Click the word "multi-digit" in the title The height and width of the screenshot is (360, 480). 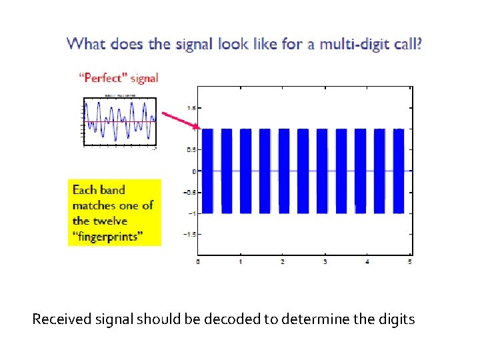pyautogui.click(x=351, y=45)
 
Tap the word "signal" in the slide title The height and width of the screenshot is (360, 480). pyautogui.click(x=193, y=45)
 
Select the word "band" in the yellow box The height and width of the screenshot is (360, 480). pyautogui.click(x=112, y=190)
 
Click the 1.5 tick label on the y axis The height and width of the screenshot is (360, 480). pyautogui.click(x=191, y=107)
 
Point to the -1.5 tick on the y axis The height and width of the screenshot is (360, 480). pyautogui.click(x=189, y=235)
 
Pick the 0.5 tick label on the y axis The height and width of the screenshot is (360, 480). pyautogui.click(x=191, y=150)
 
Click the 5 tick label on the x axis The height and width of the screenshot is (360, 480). pyautogui.click(x=409, y=262)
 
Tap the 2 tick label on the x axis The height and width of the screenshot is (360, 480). pyautogui.click(x=283, y=262)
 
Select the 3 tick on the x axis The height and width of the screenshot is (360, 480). pyautogui.click(x=325, y=262)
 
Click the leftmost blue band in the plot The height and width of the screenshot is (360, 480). pyautogui.click(x=207, y=171)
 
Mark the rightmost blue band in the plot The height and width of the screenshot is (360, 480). pyautogui.click(x=399, y=171)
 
